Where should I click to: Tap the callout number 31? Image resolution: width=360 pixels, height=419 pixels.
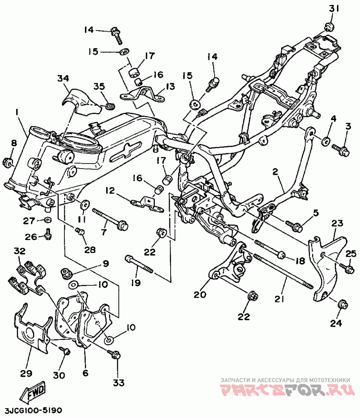click(x=332, y=9)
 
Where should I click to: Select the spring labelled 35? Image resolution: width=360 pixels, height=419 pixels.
click(x=109, y=106)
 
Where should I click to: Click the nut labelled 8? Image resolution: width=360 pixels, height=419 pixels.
click(x=7, y=160)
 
